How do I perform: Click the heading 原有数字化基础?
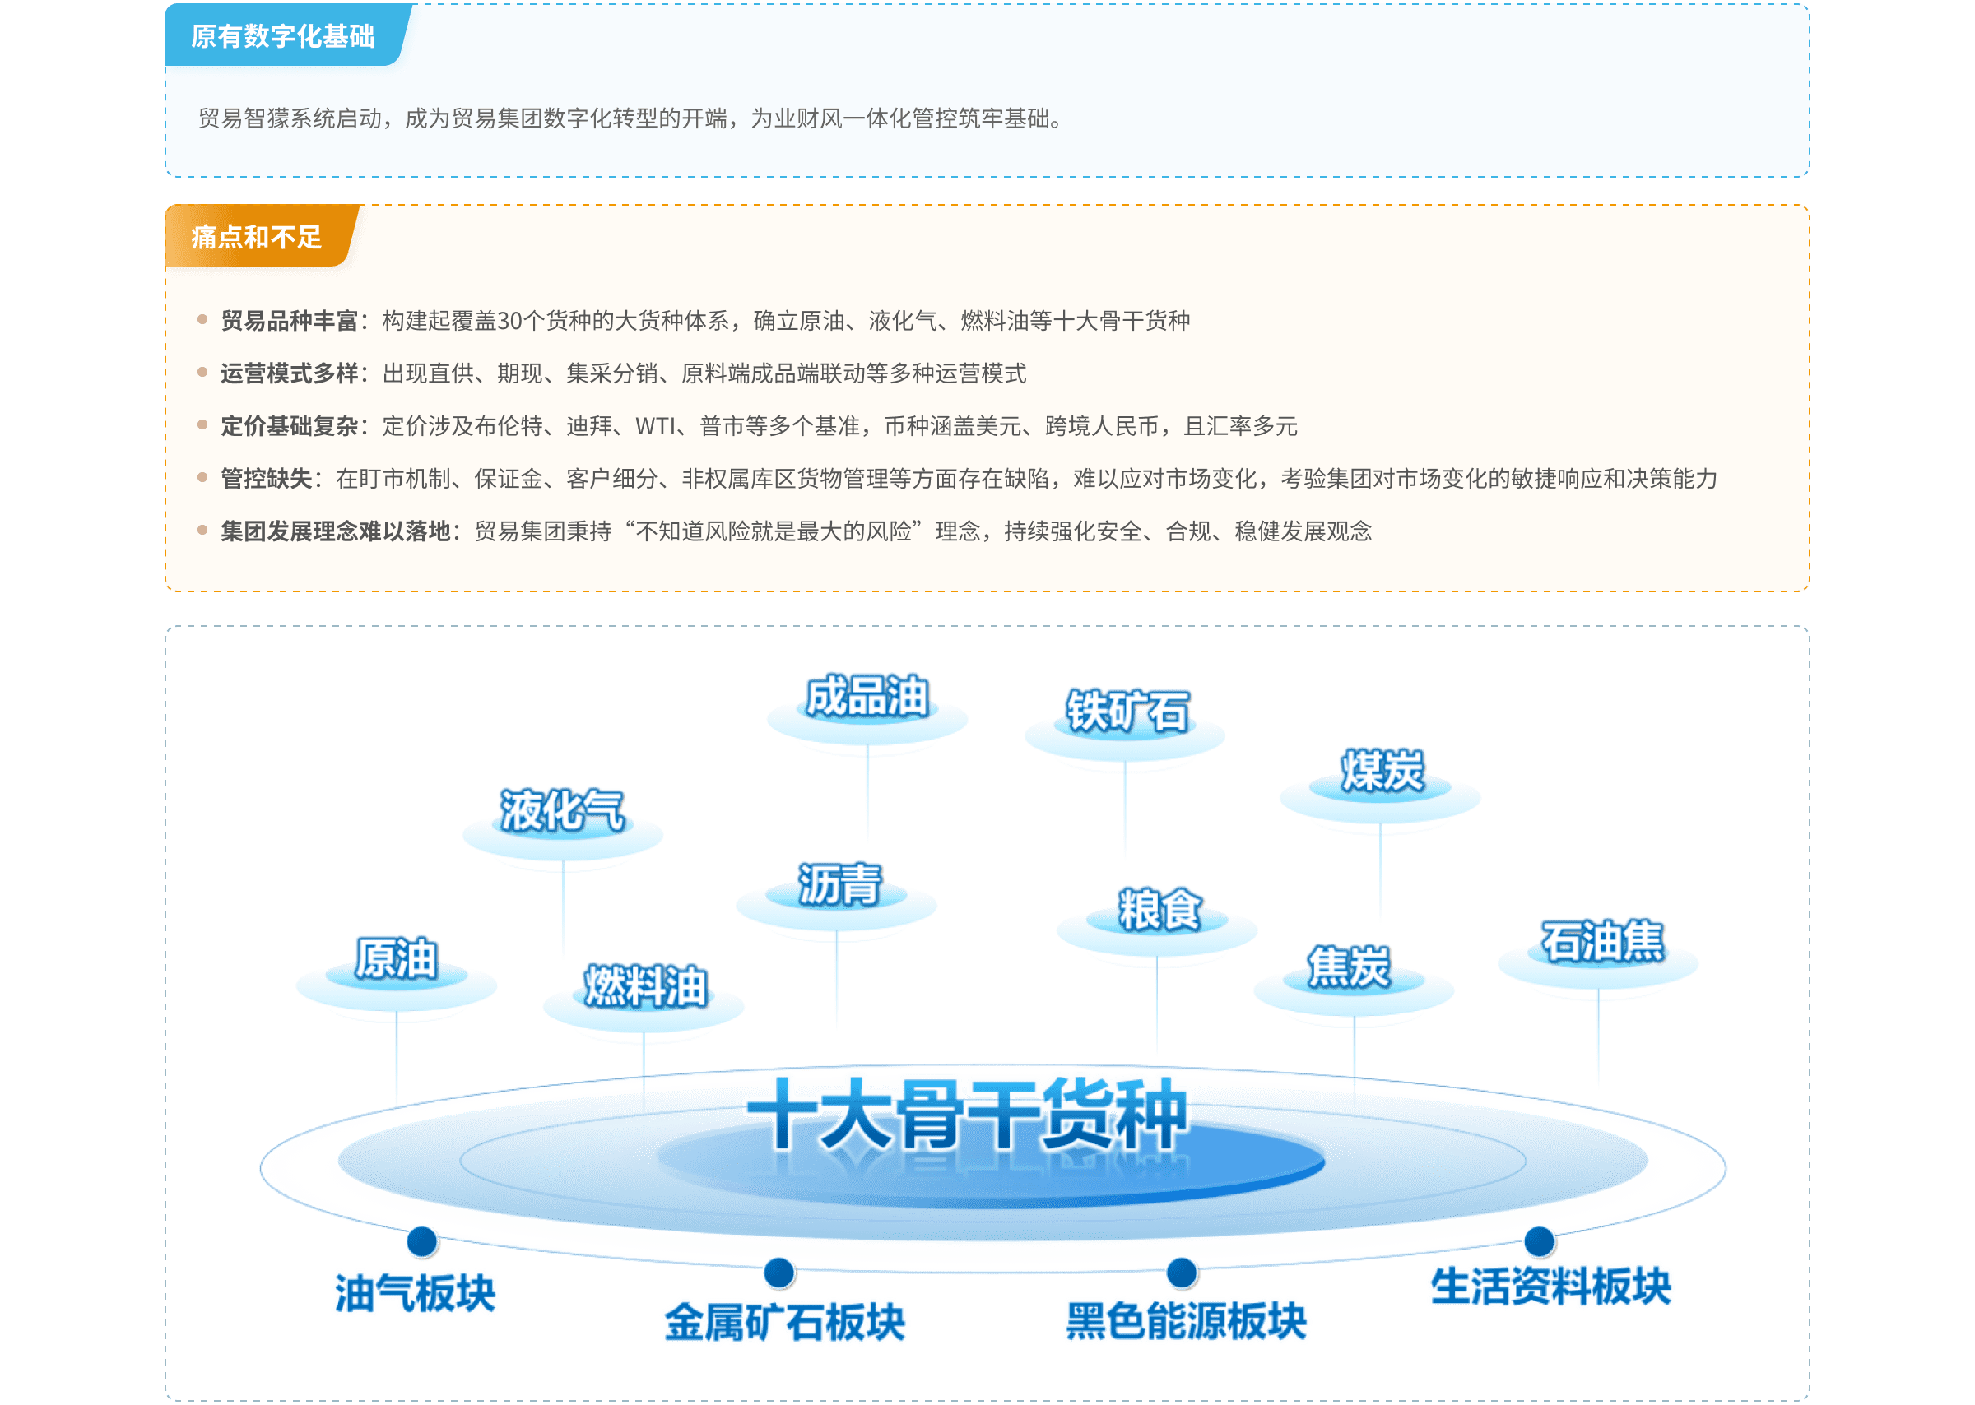282,36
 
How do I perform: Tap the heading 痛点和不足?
256,237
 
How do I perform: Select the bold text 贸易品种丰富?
289,321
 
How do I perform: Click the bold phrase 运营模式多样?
289,373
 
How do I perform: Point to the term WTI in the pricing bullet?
655,426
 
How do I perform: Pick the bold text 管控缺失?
266,480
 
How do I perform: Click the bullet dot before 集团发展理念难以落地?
202,531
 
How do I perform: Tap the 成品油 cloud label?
867,697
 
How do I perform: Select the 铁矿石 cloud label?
1127,712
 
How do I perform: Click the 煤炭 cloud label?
1382,771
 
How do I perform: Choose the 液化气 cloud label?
562,810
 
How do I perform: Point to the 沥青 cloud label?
838,884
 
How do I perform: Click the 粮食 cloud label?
1158,909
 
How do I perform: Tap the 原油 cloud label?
397,958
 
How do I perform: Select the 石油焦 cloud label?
1602,941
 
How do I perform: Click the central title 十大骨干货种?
967,1115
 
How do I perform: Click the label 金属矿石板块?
785,1323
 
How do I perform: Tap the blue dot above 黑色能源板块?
1182,1273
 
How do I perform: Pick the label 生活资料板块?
1550,1287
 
